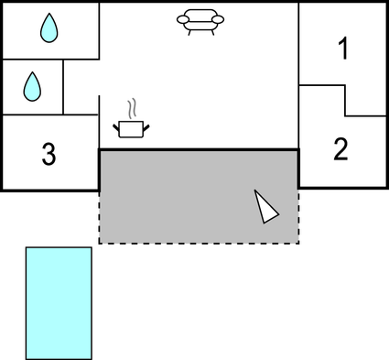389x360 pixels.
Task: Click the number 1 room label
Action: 343,49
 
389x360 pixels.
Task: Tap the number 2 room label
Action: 340,148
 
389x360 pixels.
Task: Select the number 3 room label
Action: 49,154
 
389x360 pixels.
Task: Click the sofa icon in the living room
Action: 200,21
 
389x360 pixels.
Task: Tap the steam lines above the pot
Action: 134,108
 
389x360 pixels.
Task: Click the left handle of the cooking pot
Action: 116,124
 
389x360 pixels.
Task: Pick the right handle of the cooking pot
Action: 146,124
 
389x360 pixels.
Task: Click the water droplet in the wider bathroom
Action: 48,28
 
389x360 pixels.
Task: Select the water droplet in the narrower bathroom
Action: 32,86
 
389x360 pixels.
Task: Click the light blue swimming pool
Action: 59,302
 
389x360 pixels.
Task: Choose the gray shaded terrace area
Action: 183,197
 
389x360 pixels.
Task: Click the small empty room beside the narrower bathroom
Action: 81,86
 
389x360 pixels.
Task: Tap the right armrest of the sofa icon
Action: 220,19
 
